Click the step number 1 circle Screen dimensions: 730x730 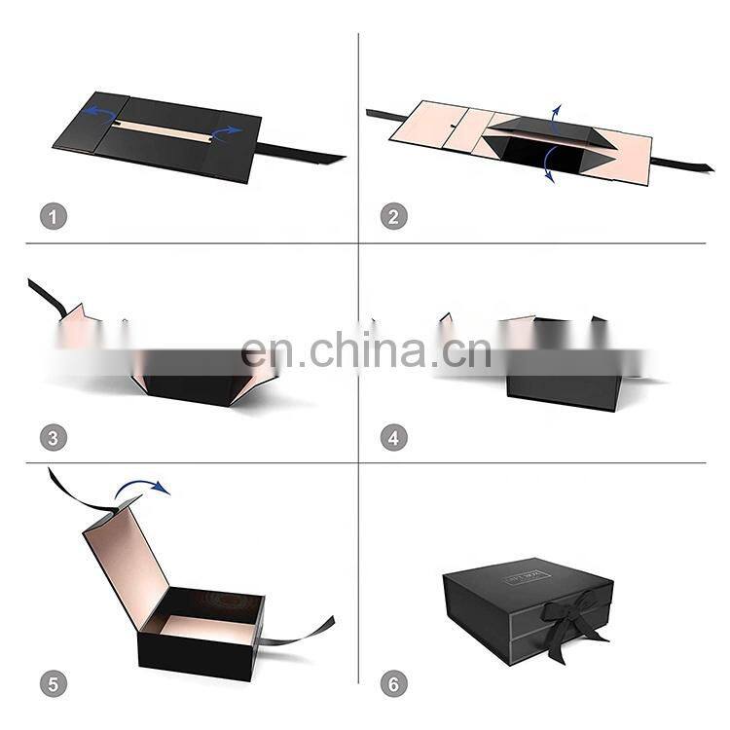[54, 216]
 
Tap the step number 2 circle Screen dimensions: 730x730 [393, 216]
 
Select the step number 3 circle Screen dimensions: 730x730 [54, 437]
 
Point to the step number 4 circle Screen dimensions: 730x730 [393, 437]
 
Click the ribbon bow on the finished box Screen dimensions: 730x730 [566, 615]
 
